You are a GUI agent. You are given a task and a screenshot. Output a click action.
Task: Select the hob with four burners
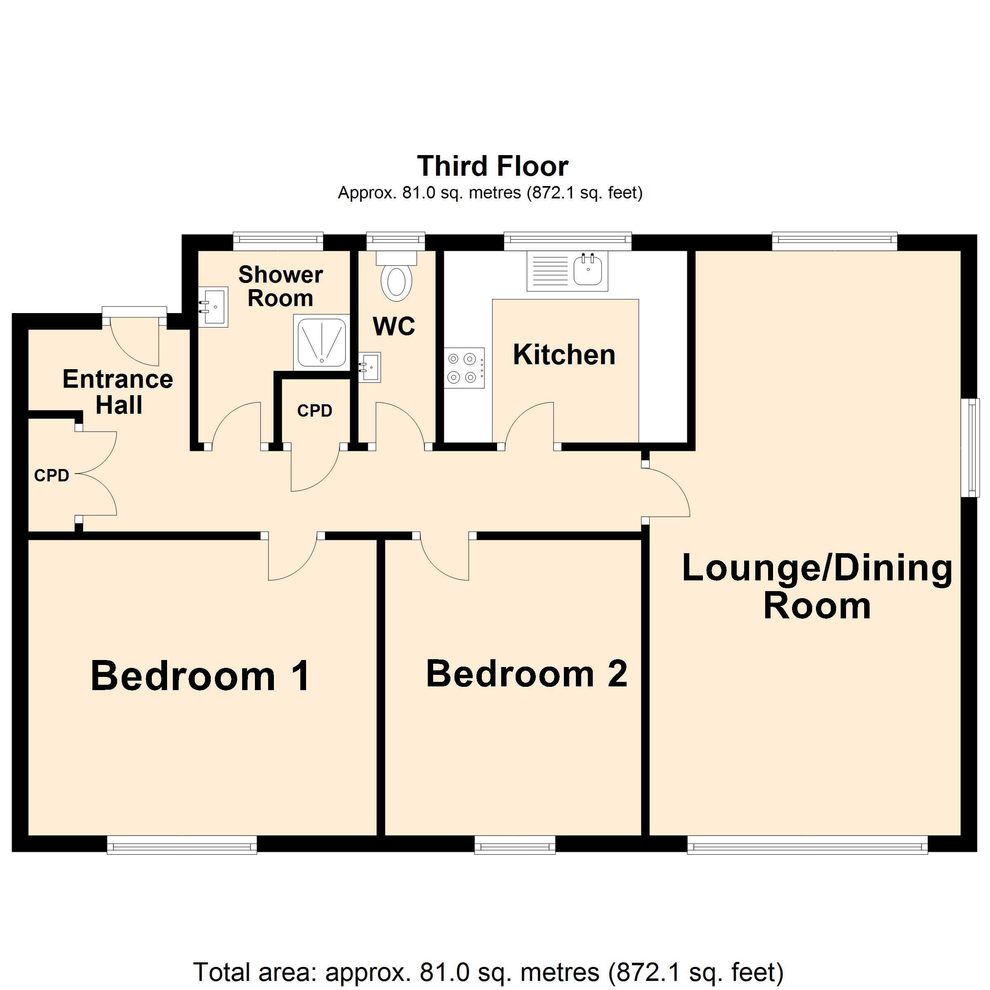coord(464,368)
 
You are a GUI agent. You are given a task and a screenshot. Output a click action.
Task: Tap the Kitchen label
coord(564,355)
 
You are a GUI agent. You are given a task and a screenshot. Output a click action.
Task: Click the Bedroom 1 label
coord(200,676)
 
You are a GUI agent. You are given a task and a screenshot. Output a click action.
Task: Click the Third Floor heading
coord(493,166)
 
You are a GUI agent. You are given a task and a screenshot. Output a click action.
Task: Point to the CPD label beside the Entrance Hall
coord(51,476)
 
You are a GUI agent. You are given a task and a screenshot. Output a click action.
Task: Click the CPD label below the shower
coord(315,410)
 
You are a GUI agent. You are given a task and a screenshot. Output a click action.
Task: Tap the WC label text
coord(394,326)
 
